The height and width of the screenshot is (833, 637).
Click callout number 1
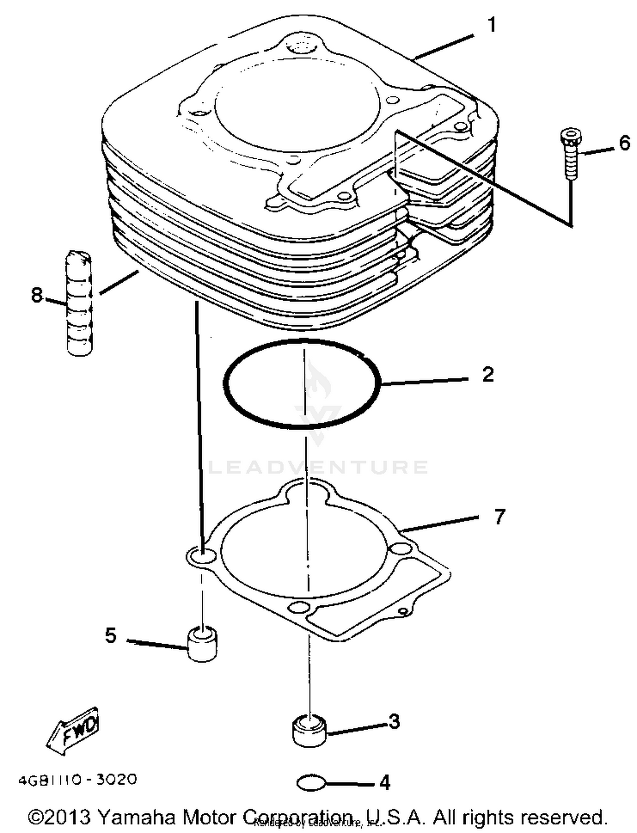click(491, 25)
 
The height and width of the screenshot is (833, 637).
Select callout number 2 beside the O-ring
click(488, 374)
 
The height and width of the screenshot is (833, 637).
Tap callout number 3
click(394, 721)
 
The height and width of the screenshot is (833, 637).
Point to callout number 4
click(384, 782)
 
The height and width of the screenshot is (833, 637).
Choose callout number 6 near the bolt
click(624, 144)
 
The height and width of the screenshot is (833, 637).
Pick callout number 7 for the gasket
click(499, 517)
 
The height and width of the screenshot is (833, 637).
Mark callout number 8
click(37, 295)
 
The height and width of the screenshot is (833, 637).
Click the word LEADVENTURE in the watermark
click(318, 467)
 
